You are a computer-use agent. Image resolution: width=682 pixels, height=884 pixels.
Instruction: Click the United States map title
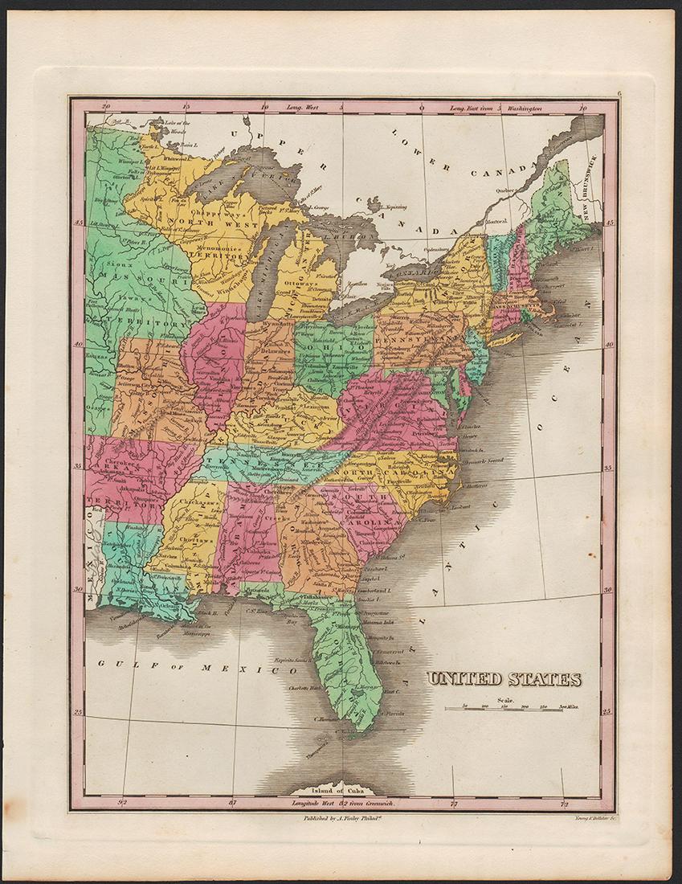pos(504,679)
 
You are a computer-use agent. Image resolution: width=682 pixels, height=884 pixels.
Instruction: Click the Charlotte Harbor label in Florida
pos(306,689)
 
